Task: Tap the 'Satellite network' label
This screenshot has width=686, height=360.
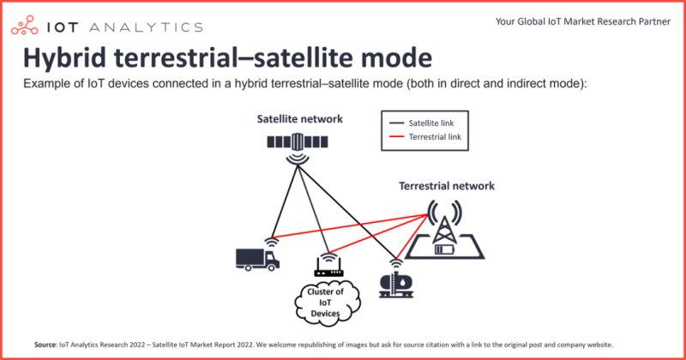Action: pyautogui.click(x=299, y=119)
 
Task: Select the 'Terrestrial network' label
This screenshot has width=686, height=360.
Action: pyautogui.click(x=446, y=185)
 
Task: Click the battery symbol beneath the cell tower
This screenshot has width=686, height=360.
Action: pyautogui.click(x=444, y=250)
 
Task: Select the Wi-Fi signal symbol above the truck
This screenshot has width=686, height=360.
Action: pyautogui.click(x=271, y=239)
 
